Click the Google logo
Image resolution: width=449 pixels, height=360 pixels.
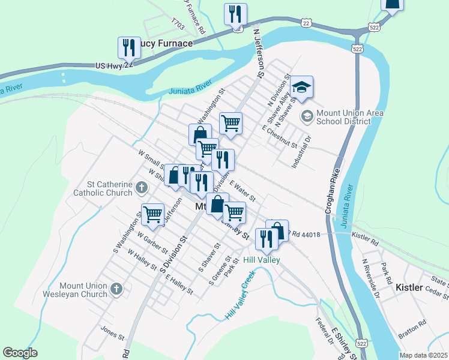click(20, 352)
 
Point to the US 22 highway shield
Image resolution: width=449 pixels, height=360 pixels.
click(306, 22)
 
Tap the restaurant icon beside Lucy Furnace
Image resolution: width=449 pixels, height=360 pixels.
click(129, 47)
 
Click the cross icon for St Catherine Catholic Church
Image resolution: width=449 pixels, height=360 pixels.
click(141, 188)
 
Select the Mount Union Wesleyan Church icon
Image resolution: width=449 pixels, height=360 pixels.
click(117, 290)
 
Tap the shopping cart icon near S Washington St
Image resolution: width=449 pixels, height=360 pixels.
click(152, 214)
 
